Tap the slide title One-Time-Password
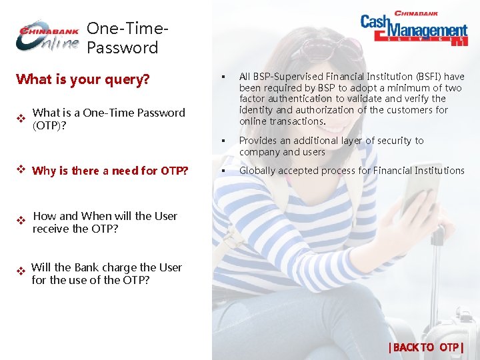tap(125, 38)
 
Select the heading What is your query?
tap(83, 79)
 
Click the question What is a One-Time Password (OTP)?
tap(109, 119)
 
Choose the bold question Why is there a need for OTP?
tap(110, 171)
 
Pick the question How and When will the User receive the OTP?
tap(105, 222)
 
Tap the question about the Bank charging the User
tap(107, 273)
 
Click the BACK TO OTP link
tap(425, 347)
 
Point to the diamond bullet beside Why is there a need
tap(21, 169)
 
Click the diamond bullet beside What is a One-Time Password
tap(21, 118)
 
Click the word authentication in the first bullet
tap(301, 99)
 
